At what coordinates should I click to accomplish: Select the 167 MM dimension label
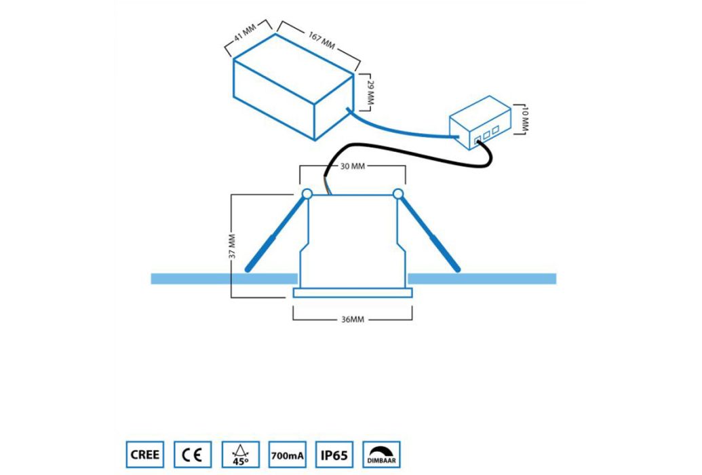(x=321, y=40)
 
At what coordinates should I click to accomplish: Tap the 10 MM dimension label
(x=525, y=119)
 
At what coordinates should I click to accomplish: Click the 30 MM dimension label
(x=352, y=166)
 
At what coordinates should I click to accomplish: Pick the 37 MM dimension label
(x=232, y=246)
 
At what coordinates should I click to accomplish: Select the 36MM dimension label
(x=353, y=320)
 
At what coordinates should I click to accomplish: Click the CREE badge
(x=145, y=455)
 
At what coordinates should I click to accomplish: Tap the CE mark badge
(x=193, y=455)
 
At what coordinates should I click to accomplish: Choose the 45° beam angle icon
(x=240, y=455)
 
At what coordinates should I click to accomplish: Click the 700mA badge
(x=287, y=455)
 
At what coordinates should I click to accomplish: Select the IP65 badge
(x=334, y=455)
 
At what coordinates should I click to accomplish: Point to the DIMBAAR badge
(x=381, y=455)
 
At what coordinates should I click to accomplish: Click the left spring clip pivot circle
(x=307, y=194)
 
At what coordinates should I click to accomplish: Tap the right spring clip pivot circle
(x=398, y=194)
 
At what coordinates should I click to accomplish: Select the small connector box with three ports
(x=480, y=123)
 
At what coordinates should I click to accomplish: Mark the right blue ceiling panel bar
(x=482, y=279)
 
